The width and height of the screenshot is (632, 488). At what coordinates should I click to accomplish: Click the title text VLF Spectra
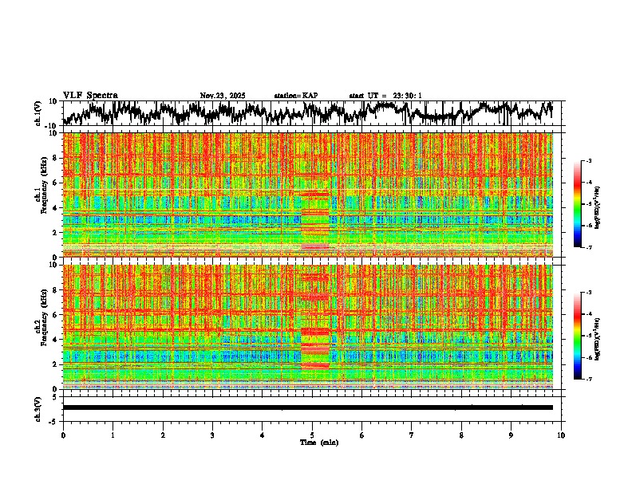(x=90, y=95)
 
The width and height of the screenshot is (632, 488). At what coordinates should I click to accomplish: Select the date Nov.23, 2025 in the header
(x=223, y=96)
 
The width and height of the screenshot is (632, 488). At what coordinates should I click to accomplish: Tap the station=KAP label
(x=296, y=96)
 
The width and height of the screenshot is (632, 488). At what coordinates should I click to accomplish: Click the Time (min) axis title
(x=318, y=442)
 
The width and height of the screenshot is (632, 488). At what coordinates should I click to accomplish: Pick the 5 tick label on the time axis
(x=312, y=435)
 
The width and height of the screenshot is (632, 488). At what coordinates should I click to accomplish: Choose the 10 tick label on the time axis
(x=561, y=435)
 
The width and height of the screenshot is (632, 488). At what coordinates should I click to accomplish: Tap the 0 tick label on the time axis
(x=63, y=435)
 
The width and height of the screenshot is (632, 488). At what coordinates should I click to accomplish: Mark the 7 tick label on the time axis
(x=412, y=435)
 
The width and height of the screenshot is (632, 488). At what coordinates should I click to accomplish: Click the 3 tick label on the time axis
(x=212, y=435)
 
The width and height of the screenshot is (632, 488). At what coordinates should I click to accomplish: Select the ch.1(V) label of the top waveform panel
(x=38, y=113)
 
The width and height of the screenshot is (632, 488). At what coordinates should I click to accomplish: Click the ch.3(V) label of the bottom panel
(x=38, y=407)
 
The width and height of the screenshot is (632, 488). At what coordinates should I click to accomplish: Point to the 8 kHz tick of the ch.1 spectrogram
(x=55, y=158)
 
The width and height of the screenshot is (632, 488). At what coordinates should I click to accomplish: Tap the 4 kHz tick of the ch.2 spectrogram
(x=55, y=340)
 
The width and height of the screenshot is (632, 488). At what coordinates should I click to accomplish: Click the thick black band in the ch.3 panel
(x=307, y=407)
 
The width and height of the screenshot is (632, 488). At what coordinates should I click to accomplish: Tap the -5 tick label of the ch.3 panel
(x=53, y=420)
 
